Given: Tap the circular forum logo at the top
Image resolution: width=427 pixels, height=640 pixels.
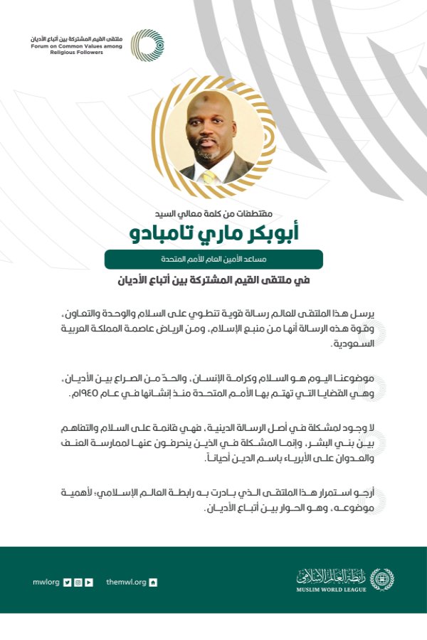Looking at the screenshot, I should coord(147,45).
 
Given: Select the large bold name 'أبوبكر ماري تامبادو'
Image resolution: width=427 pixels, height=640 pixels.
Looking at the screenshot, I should coord(213,234).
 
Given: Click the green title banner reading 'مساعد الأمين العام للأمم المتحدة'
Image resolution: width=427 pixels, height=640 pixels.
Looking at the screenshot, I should coord(213,259).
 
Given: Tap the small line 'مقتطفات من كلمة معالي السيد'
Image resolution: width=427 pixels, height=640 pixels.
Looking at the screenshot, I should coord(213,212).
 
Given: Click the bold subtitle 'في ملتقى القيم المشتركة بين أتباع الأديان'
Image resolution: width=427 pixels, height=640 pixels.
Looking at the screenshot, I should coord(213,280).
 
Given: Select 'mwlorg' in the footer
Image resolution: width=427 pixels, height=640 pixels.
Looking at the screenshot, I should coord(46,582).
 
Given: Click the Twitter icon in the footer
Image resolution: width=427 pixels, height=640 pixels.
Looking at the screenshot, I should coord(67,582).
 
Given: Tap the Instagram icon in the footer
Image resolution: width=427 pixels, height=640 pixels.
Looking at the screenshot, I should coord(78,582).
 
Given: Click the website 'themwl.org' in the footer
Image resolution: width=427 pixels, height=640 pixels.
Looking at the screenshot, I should coord(125,582).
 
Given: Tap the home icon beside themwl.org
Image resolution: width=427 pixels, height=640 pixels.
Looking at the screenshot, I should coord(153,582).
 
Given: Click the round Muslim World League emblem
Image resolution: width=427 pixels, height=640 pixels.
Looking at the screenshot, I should coord(381,579).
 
